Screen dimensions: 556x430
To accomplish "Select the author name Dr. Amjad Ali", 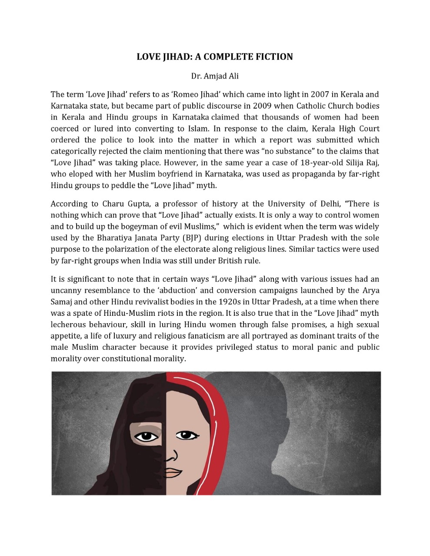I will [215, 76].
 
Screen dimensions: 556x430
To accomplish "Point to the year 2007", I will [320, 95].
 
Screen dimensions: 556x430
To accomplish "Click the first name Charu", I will [113, 204].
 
